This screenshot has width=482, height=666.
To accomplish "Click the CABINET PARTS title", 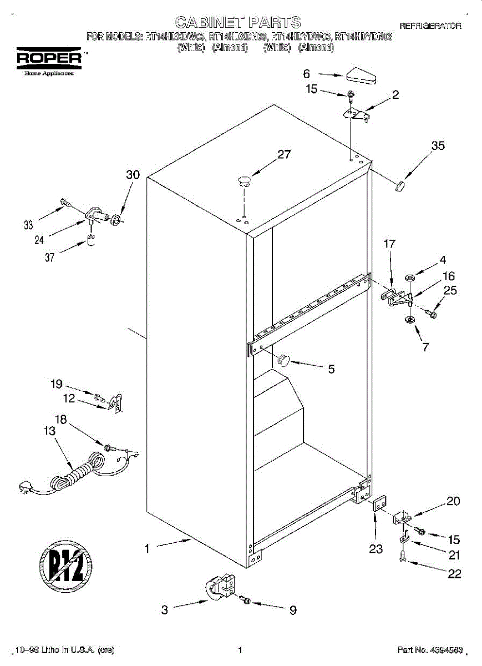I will [x=238, y=22].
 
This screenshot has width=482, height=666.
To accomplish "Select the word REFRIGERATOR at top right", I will [x=430, y=26].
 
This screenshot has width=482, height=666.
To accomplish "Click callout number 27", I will [x=284, y=155].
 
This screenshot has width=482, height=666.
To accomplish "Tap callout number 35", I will [x=438, y=146].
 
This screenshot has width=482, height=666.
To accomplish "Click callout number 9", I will [x=292, y=610].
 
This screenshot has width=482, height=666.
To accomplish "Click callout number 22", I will [x=454, y=574].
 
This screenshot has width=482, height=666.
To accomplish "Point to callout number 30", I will [x=133, y=174].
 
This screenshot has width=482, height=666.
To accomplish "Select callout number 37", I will [x=49, y=257].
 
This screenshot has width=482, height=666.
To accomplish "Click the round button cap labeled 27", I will [x=244, y=179].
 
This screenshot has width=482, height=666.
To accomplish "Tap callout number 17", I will [x=389, y=244].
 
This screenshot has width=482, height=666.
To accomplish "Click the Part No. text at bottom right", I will [x=429, y=650].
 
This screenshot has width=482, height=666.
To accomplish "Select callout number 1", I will [x=147, y=549].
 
